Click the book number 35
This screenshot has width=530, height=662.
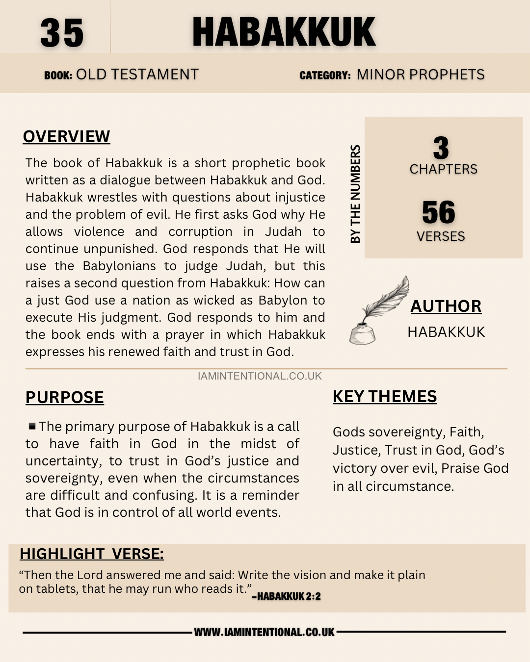[62, 33]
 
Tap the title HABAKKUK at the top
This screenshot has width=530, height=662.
[284, 32]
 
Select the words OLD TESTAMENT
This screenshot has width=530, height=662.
[137, 75]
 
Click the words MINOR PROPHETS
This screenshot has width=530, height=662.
[420, 75]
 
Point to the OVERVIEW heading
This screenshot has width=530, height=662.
[66, 136]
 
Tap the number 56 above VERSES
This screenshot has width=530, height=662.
[439, 212]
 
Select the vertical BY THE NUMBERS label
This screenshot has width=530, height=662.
[355, 194]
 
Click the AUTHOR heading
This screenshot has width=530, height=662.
[446, 306]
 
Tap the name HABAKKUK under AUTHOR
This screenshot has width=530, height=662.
[446, 332]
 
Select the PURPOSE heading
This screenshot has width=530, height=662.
[64, 397]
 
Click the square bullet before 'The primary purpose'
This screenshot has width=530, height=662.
[32, 426]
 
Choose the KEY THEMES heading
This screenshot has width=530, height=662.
[384, 396]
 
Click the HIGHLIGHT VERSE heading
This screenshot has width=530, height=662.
[91, 554]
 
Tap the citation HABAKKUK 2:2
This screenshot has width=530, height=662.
[287, 596]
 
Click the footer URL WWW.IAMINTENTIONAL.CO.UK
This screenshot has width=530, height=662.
[264, 632]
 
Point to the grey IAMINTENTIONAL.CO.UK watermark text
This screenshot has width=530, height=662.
[260, 376]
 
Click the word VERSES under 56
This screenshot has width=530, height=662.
[441, 236]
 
